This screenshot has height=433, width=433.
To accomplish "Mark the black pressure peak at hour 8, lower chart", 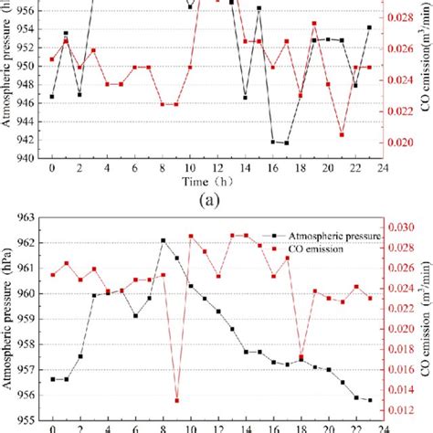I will point(164,241).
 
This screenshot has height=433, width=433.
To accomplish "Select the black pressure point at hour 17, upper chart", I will point(286,143).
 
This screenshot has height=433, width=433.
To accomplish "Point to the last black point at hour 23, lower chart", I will point(370,400).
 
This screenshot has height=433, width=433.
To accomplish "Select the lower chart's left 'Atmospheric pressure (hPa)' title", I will point(8,319).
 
